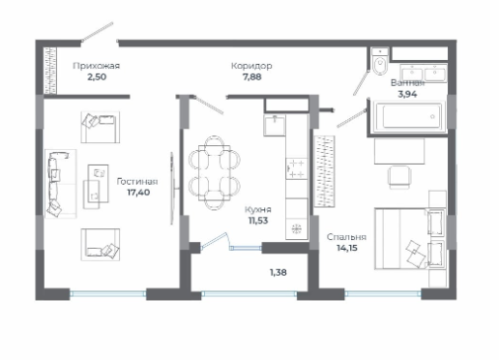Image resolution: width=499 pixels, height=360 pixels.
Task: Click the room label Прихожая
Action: pos(97,66)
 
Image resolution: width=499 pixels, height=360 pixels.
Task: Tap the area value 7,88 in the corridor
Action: pos(251,77)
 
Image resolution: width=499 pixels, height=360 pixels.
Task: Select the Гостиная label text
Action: pos(137,181)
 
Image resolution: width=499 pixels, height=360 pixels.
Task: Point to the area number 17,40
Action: pos(138,193)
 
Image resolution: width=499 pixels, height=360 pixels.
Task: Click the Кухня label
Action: pos(258,209)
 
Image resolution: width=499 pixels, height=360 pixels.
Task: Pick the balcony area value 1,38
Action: pos(278,273)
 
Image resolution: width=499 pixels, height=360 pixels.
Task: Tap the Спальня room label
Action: pos(346,237)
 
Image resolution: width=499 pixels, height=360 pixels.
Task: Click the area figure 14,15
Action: pos(347,248)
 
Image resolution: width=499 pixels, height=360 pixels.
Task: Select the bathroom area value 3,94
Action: pos(408,94)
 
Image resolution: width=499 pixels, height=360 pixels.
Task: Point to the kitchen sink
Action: pos(275,125)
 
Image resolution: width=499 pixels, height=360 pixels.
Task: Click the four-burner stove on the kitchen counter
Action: pos(296,168)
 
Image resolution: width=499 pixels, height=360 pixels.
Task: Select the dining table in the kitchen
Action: pos(215,173)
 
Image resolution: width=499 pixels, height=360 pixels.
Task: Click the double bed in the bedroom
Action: pos(410,238)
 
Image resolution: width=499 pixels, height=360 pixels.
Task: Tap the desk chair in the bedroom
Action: pos(399,177)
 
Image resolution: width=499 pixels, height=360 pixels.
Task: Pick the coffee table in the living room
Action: pos(98,183)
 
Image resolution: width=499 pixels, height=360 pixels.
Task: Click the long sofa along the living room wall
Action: pos(58,184)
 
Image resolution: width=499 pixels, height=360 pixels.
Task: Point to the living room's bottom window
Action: pos(108,293)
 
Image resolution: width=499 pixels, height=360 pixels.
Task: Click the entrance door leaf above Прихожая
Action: pos(97,32)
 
